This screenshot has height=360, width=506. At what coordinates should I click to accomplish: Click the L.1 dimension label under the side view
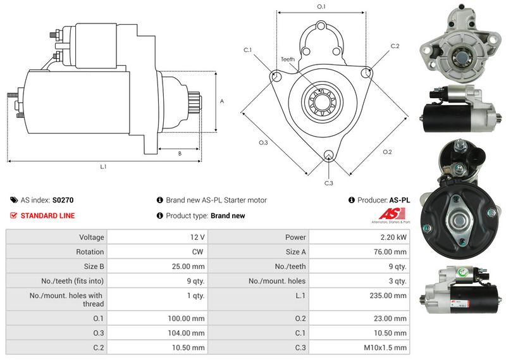click(x=103, y=167)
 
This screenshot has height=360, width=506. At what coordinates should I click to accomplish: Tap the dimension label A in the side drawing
click(x=221, y=101)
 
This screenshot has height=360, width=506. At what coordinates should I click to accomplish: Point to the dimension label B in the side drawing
click(x=180, y=153)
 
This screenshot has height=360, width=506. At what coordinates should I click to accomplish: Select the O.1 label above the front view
click(x=321, y=6)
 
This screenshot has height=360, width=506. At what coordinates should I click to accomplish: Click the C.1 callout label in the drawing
click(x=247, y=50)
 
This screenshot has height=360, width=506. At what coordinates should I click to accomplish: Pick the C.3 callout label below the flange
click(x=328, y=183)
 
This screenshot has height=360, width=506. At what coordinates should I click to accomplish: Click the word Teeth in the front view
click(x=288, y=59)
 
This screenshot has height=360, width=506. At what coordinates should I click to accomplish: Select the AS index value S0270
click(x=63, y=200)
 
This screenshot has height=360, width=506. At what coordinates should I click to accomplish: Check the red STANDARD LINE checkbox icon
click(x=14, y=216)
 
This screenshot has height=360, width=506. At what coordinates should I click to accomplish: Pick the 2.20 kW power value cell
click(x=393, y=237)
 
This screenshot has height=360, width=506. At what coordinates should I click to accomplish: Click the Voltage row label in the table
click(x=91, y=237)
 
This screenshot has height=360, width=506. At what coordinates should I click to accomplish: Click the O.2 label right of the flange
click(x=387, y=152)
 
